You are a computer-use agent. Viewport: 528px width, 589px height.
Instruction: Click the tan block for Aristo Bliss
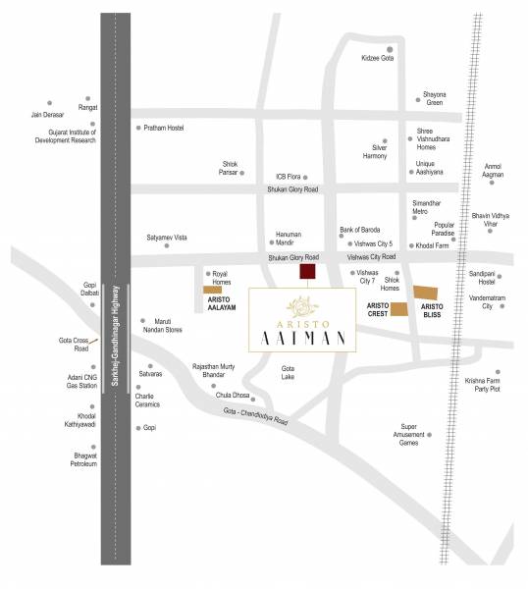pyautogui.click(x=427, y=292)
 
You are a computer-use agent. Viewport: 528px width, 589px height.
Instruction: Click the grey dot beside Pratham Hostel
pyautogui.click(x=137, y=128)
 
